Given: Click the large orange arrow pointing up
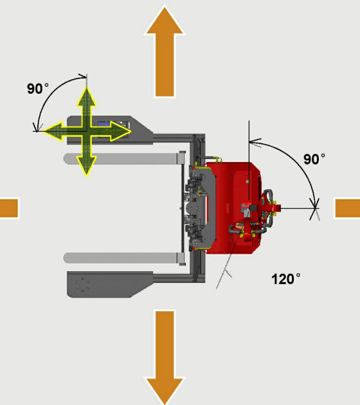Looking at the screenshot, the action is [x=165, y=51].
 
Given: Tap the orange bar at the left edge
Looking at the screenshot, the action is [x=9, y=208].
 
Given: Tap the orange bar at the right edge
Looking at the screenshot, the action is [x=348, y=208].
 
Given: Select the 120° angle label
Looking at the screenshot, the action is [x=286, y=279].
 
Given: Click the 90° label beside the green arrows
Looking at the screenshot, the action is [x=38, y=89].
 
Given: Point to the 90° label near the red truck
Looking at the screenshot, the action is [x=314, y=159].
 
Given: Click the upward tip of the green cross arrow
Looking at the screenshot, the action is [x=87, y=87].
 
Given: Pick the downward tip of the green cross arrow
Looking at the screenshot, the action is [x=87, y=175].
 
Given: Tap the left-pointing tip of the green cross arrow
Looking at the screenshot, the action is [x=44, y=131].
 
